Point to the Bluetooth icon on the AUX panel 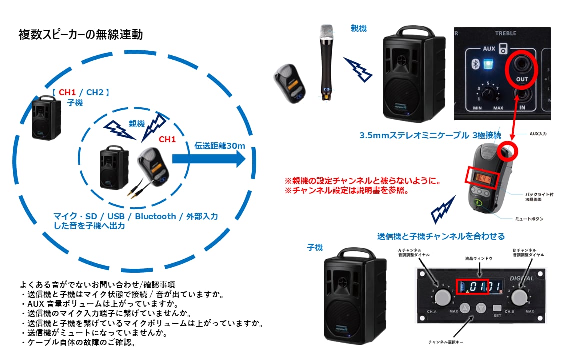point(476,64)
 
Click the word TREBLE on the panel point(505,33)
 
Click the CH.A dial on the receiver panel point(442,297)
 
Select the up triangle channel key point(465,308)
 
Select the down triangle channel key point(481,308)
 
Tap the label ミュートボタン point(529,219)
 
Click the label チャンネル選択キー point(449,342)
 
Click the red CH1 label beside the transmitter point(167,140)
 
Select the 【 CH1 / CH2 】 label point(80,92)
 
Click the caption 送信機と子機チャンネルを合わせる point(441,236)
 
